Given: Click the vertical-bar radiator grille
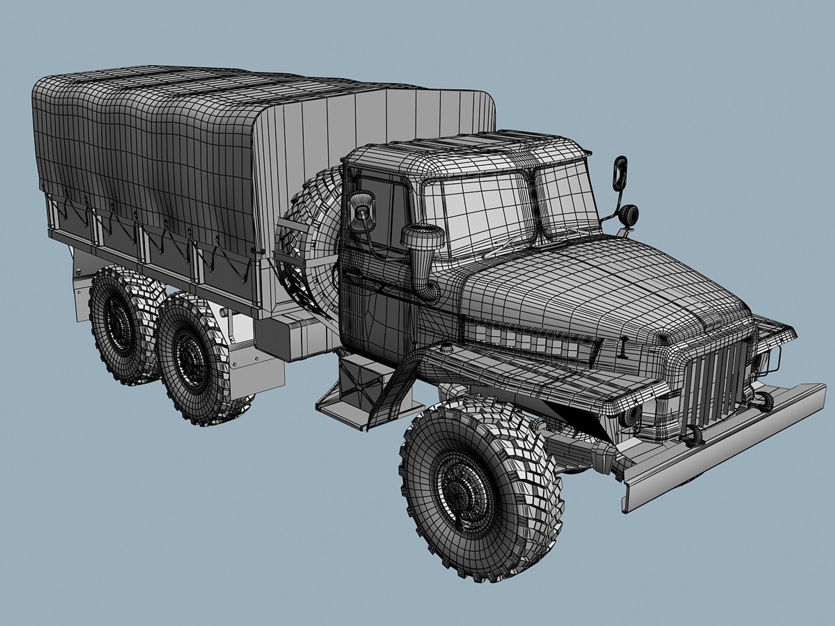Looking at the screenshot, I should point(716,383).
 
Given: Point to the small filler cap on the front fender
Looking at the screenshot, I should point(446,348).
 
